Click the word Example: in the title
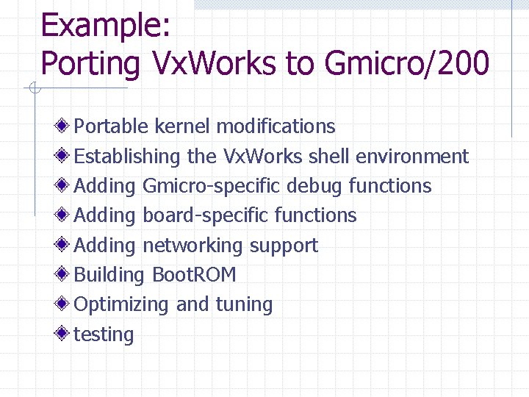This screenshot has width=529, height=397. tap(106, 26)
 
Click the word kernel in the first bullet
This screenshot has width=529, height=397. tap(182, 126)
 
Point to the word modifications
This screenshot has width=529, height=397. tap(276, 126)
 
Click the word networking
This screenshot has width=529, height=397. tap(192, 246)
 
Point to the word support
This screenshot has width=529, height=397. tap(284, 246)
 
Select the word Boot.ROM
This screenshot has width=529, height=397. tap(194, 275)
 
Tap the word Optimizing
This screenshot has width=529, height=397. tap(122, 304)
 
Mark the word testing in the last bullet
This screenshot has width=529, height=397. tap(104, 335)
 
